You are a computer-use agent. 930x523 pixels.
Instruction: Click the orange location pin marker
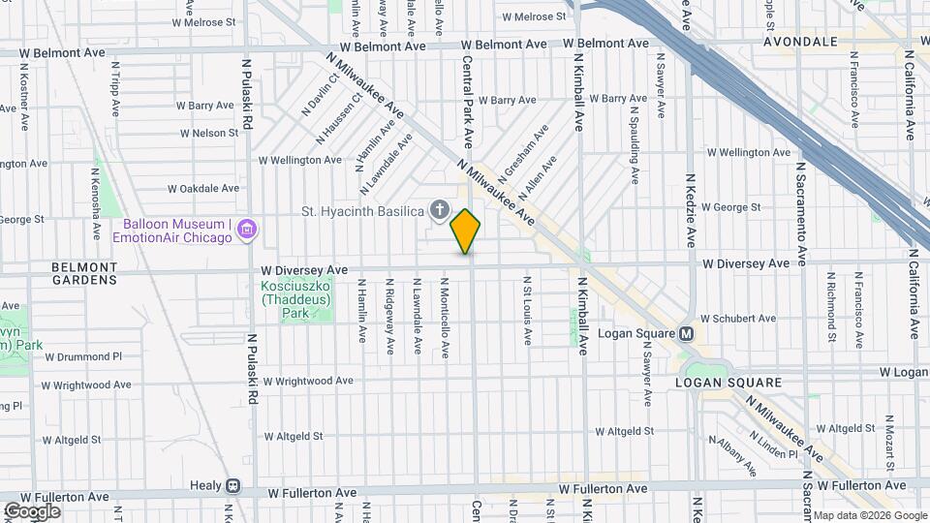pyautogui.click(x=465, y=231)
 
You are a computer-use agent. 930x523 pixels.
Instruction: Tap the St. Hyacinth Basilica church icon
pyautogui.click(x=439, y=210)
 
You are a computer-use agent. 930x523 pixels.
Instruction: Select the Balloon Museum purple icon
pyautogui.click(x=247, y=230)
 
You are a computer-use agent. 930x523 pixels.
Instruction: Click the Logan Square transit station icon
pyautogui.click(x=686, y=333)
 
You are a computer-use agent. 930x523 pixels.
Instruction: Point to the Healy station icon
pyautogui.click(x=233, y=485)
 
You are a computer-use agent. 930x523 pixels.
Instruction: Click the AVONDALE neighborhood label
pyautogui.click(x=799, y=43)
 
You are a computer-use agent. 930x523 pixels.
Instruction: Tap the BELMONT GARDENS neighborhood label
pyautogui.click(x=83, y=273)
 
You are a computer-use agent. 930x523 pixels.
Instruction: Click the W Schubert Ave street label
pyautogui.click(x=738, y=318)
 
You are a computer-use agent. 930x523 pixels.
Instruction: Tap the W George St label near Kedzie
pyautogui.click(x=730, y=207)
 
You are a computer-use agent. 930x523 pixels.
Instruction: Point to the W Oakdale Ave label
pyautogui.click(x=203, y=189)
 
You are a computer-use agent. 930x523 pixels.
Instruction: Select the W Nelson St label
pyautogui.click(x=208, y=133)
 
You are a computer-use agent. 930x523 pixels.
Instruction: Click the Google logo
pyautogui.click(x=32, y=511)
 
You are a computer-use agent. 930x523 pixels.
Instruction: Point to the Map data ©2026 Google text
pyautogui.click(x=870, y=515)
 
